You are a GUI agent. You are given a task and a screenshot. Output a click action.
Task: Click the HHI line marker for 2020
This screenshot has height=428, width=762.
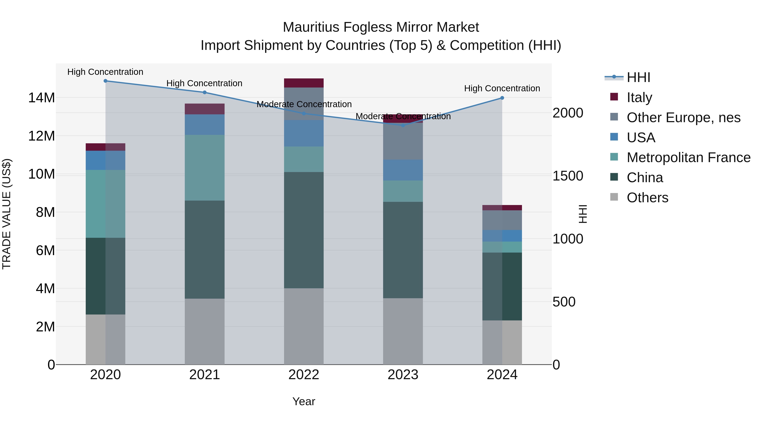[105, 81]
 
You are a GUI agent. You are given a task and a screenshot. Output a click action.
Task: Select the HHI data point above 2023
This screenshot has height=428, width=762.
[403, 125]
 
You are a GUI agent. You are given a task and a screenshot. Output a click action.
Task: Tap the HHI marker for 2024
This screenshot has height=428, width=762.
[502, 98]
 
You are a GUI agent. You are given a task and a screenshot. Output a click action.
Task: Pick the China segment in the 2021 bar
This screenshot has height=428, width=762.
[204, 249]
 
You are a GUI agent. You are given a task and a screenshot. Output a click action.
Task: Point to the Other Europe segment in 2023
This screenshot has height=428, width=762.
[403, 141]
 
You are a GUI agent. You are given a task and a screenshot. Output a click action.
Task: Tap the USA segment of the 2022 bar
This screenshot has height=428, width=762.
[304, 133]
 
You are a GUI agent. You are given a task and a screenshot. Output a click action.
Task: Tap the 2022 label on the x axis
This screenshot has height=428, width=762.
[304, 375]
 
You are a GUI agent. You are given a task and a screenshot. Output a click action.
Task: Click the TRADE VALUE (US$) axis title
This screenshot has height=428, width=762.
[7, 214]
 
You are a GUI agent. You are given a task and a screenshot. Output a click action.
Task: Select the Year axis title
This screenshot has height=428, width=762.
[304, 401]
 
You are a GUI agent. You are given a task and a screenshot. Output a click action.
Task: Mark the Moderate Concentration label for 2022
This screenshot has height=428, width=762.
[304, 104]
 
